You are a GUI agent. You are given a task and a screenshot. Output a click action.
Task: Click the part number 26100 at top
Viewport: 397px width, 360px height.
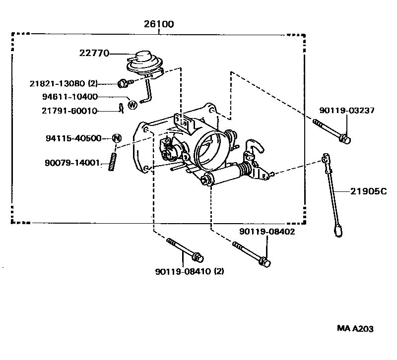pyautogui.click(x=159, y=24)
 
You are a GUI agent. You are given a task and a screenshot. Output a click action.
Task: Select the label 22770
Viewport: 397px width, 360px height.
pyautogui.click(x=94, y=53)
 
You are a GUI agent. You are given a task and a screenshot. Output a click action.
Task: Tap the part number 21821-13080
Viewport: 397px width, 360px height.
pyautogui.click(x=57, y=83)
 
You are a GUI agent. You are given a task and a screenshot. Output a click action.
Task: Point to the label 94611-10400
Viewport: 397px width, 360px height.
pyautogui.click(x=70, y=97)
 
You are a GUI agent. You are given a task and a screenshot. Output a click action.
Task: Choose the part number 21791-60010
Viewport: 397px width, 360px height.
pyautogui.click(x=69, y=111)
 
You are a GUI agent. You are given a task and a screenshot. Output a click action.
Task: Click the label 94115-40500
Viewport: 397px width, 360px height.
pyautogui.click(x=73, y=138)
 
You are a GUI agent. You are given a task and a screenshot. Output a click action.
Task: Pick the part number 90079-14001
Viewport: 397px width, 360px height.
pyautogui.click(x=72, y=163)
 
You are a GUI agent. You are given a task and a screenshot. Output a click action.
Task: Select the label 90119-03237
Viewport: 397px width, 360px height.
pyautogui.click(x=347, y=110)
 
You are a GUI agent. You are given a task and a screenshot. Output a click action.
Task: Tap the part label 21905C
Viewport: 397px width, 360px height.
pyautogui.click(x=369, y=191)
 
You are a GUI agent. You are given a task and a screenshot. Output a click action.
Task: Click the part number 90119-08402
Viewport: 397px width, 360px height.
pyautogui.click(x=267, y=232)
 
